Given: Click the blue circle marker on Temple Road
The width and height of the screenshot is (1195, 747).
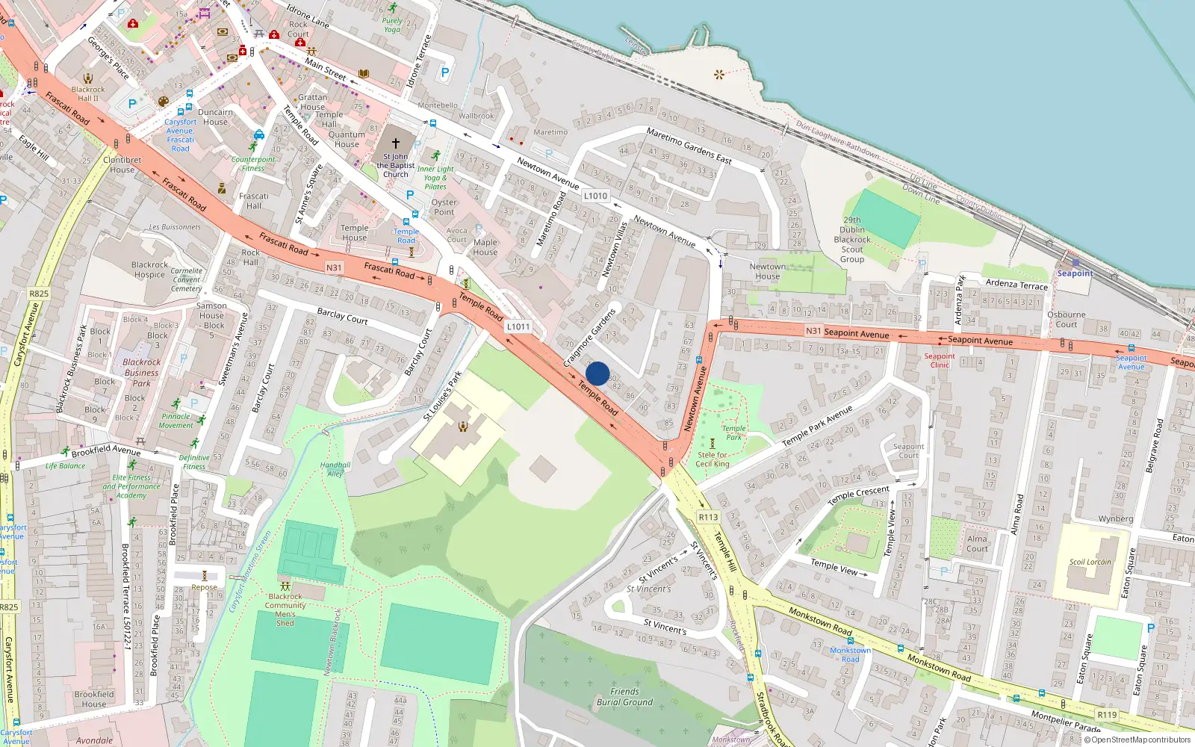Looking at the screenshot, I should (597, 373).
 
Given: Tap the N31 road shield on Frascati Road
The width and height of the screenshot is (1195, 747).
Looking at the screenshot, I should (334, 267).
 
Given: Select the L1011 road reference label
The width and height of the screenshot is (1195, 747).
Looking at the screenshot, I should (518, 326).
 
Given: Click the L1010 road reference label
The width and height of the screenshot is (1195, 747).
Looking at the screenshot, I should (595, 196).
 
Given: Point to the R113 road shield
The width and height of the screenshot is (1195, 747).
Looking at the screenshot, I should (708, 517).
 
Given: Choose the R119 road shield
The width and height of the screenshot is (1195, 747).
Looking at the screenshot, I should (1107, 715).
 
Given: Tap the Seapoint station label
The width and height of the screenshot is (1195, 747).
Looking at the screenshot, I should (1075, 273).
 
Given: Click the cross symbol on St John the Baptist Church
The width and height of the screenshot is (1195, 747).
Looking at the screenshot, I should (396, 143).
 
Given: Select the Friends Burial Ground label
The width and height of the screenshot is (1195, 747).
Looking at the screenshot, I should (624, 697).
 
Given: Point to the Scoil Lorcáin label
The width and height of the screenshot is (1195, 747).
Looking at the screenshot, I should (1090, 562).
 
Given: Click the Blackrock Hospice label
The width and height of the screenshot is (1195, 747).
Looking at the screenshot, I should (149, 270).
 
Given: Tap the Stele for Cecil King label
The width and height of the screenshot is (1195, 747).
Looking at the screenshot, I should (713, 459).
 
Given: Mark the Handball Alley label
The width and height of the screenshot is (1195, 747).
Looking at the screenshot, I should (335, 469).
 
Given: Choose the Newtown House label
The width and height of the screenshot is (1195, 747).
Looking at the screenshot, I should (767, 271).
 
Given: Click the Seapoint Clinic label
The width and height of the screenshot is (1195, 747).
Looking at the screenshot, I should (940, 360).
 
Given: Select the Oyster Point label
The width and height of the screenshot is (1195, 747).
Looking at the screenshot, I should (444, 207).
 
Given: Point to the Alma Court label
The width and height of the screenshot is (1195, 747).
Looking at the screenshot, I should (977, 543).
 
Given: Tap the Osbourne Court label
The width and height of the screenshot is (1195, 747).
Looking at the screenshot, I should (1066, 319).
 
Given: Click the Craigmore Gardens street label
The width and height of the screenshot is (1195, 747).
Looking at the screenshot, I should (590, 337).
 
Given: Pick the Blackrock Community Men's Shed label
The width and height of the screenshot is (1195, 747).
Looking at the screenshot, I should (285, 610).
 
